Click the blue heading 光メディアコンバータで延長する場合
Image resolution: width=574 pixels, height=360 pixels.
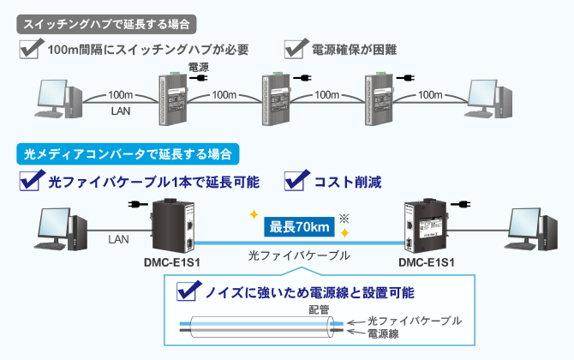click(128, 154)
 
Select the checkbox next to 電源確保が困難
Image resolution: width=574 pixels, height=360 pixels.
click(296, 47)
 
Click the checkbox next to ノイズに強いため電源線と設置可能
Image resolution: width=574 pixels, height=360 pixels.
click(188, 291)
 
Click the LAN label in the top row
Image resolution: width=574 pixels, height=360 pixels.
click(120, 111)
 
